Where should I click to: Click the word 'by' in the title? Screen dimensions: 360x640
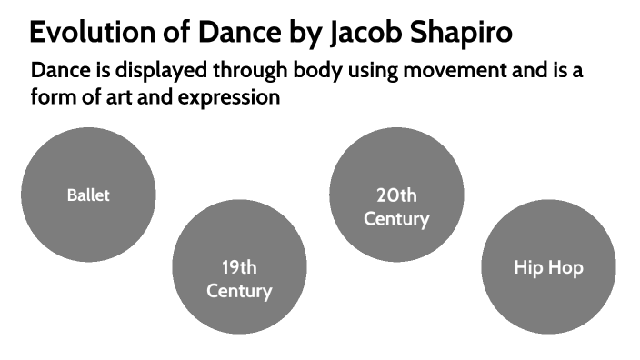(x=305, y=34)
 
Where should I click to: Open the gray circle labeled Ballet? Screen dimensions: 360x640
(x=88, y=195)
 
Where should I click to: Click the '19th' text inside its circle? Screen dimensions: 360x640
(x=239, y=267)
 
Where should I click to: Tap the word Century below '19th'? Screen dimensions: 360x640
(x=239, y=291)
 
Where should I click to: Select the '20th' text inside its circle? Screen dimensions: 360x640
(x=396, y=195)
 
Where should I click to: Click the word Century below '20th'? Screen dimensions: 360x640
(x=396, y=218)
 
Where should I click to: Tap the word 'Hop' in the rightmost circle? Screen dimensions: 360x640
(x=565, y=267)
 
